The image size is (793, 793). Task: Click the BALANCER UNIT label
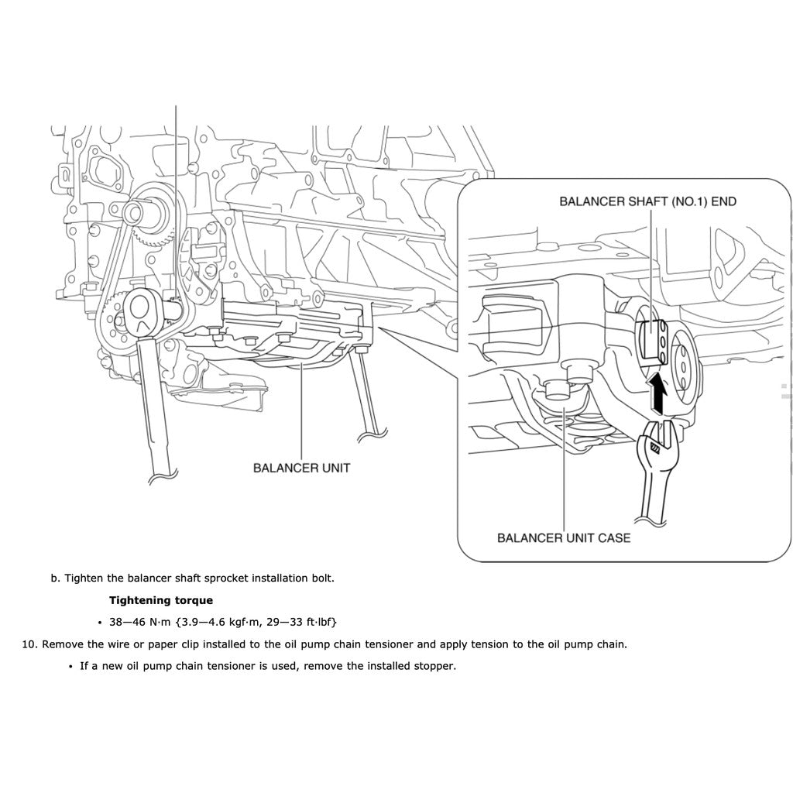click(x=301, y=468)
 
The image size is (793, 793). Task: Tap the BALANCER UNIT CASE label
click(x=563, y=537)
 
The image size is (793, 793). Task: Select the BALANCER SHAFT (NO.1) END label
click(x=647, y=201)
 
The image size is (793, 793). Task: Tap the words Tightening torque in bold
click(x=160, y=600)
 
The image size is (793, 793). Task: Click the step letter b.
click(x=55, y=578)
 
